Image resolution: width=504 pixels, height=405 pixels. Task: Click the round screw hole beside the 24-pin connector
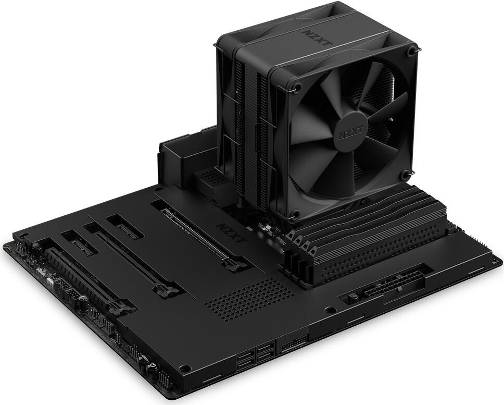[x=329, y=310]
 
